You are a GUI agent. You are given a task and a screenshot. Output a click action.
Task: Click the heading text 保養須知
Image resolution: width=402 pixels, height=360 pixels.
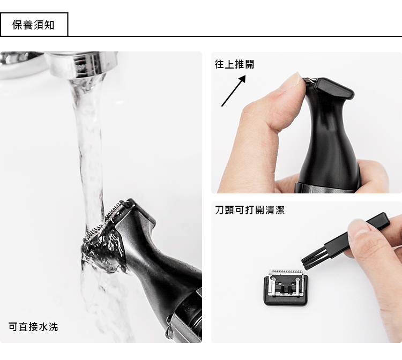click(x=33, y=25)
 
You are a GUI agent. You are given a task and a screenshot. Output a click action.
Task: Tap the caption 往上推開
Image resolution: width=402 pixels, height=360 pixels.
click(x=234, y=64)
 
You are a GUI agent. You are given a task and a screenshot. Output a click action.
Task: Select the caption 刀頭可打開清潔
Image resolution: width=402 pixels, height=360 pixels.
click(x=250, y=210)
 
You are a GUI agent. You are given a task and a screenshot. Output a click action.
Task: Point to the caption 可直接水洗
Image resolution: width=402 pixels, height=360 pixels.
click(x=33, y=327)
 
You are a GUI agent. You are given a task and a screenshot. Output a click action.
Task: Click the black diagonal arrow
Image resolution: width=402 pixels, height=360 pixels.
click(x=234, y=91)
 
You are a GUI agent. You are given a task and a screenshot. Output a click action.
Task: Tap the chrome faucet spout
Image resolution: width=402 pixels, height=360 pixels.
click(x=82, y=65)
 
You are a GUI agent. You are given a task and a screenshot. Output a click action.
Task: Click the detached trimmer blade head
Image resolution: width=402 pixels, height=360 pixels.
click(x=285, y=287)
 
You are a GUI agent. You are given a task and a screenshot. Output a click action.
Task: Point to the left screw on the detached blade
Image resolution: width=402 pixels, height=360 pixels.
click(x=273, y=279)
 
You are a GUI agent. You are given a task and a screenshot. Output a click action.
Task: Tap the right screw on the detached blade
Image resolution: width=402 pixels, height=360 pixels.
click(x=297, y=280)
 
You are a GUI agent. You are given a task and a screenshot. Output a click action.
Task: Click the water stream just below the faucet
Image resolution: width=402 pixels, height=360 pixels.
click(x=88, y=102)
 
